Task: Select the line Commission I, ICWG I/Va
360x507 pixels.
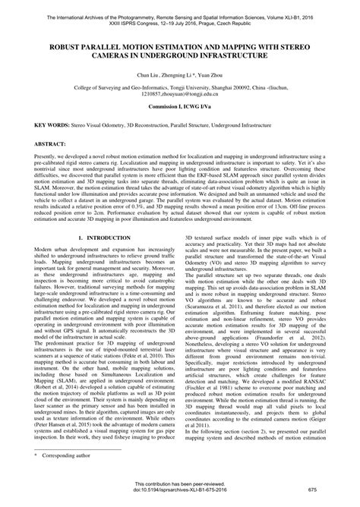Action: pos(180,108)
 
